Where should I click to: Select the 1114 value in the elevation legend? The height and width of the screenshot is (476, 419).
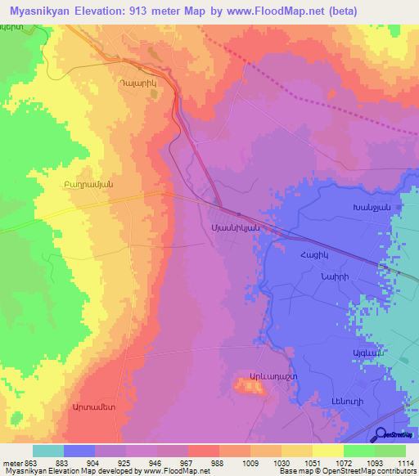click(401, 465)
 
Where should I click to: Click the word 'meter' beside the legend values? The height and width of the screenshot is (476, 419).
click(11, 465)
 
